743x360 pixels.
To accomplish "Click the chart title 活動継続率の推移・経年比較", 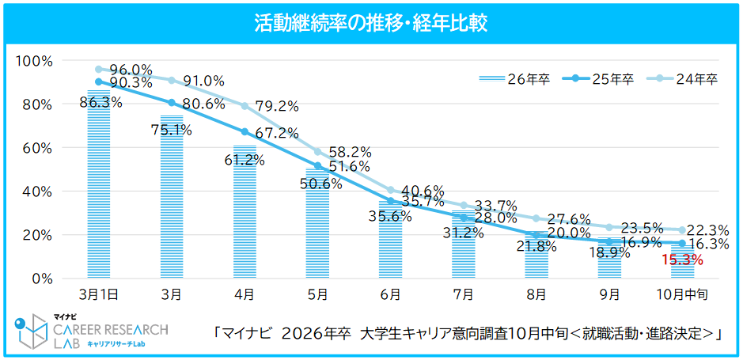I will click(x=371, y=23).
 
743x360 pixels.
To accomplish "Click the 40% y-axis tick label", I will click(x=37, y=191).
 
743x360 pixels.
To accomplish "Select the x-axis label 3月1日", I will click(x=99, y=294).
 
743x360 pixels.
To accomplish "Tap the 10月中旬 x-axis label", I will click(x=681, y=294).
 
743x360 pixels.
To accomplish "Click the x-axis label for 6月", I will click(x=390, y=294).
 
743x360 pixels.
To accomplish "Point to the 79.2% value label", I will click(x=276, y=106).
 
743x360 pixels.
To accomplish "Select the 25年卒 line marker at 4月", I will click(x=245, y=132).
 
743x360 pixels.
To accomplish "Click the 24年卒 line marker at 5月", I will click(x=317, y=151).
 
